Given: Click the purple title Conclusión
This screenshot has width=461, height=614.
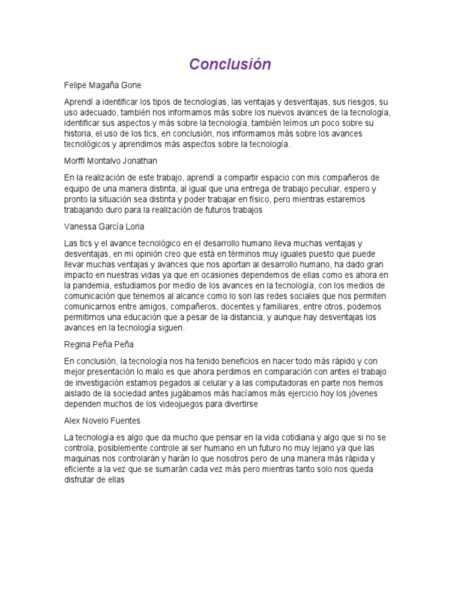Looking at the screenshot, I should coord(230,64).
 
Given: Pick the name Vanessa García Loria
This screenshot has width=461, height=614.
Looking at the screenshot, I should coord(104,227).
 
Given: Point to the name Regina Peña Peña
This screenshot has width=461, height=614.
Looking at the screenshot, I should coord(98,344).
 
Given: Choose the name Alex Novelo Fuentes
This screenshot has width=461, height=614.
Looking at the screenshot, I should coord(102,420).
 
